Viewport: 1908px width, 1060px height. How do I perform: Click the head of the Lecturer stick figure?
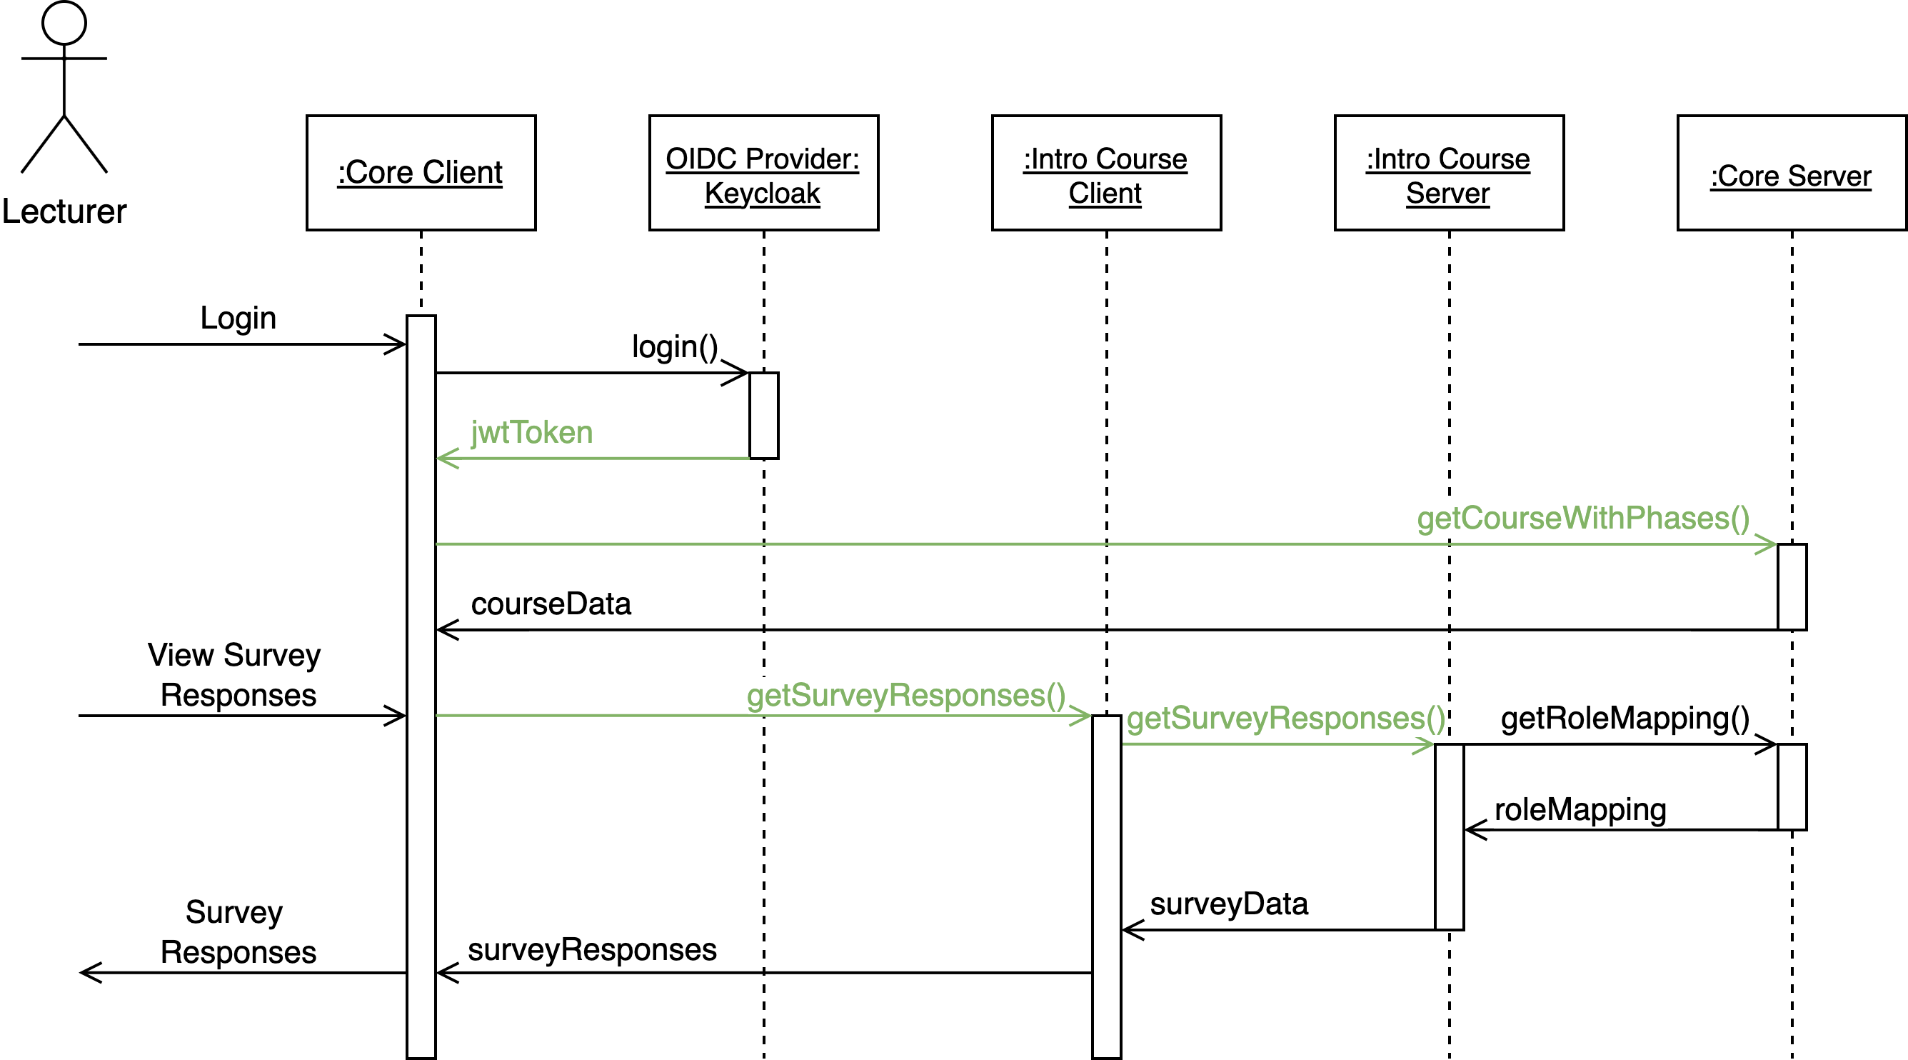(64, 22)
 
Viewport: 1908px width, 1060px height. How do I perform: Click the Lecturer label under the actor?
(64, 212)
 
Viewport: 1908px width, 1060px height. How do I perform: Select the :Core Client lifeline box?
(421, 173)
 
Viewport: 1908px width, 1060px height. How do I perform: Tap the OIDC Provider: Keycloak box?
(763, 173)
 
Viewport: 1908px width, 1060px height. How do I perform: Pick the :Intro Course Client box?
(1106, 173)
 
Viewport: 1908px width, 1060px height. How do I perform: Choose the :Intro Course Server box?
(1449, 173)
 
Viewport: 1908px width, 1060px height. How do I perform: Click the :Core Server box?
(1791, 173)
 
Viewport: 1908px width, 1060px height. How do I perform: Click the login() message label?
(675, 346)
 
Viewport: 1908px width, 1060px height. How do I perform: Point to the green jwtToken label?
(532, 433)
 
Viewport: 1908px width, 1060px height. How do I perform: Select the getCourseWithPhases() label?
(1583, 519)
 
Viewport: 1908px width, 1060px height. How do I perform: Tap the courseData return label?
(551, 604)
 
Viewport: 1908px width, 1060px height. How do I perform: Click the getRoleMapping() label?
(1625, 719)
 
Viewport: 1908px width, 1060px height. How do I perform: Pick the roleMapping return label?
(1580, 809)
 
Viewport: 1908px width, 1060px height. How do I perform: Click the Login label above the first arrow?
(238, 319)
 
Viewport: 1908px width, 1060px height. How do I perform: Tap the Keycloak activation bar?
(763, 416)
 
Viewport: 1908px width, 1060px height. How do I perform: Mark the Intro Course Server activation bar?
(1449, 837)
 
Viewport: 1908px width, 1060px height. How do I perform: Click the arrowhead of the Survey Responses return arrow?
(87, 973)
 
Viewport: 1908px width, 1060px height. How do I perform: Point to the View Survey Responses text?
(236, 675)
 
